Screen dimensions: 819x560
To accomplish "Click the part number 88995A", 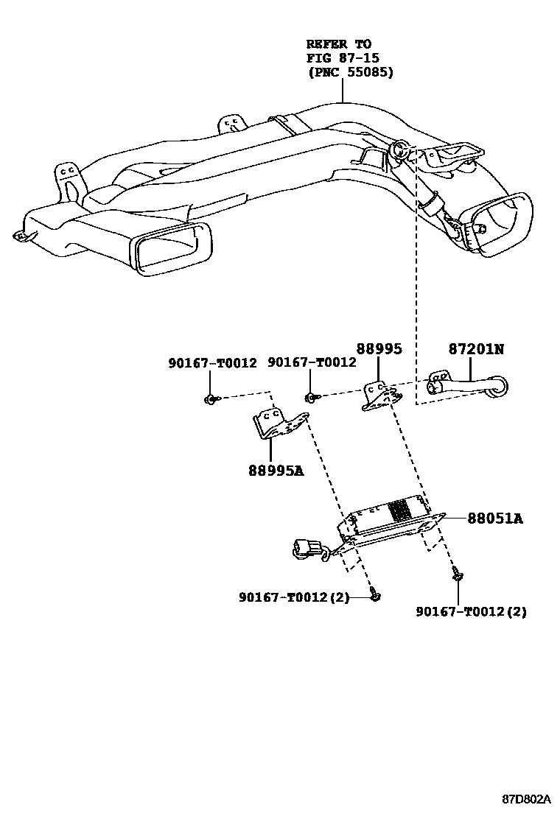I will pos(276,469).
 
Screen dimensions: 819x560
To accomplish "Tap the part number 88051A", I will pos(494,519).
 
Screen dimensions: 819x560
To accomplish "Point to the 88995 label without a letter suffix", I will pos(379,349).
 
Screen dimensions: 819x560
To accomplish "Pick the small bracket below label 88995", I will pos(381,395).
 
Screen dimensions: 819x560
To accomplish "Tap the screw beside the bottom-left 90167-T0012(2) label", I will pos(376,595).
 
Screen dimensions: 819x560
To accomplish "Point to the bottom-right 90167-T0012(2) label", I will pos(471,611).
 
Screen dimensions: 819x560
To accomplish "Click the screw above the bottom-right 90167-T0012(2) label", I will pos(457,575).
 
